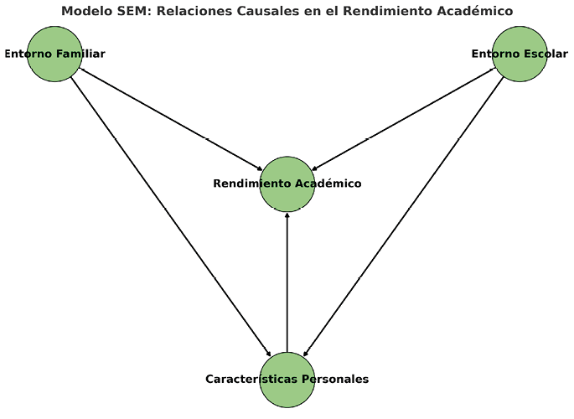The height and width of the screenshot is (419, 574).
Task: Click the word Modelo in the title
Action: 87,11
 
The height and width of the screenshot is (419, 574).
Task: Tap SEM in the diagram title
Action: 133,11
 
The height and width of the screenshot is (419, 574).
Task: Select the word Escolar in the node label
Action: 547,54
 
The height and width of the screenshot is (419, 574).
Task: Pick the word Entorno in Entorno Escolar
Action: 496,54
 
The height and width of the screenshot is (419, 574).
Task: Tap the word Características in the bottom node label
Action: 250,379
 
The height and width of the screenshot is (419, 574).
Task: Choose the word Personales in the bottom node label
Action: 335,379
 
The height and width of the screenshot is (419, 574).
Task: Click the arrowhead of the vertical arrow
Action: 287,215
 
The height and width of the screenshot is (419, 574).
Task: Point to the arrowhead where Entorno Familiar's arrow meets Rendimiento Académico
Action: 260,168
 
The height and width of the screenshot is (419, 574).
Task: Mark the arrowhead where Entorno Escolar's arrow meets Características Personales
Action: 305,354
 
